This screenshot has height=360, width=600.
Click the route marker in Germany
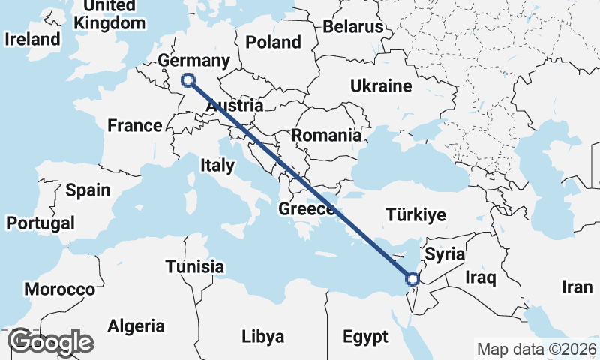pyautogui.click(x=188, y=80)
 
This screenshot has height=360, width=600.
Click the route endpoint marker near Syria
pyautogui.click(x=412, y=279)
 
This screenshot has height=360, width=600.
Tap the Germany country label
pyautogui.click(x=194, y=61)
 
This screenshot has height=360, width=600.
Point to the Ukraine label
pyautogui.click(x=381, y=85)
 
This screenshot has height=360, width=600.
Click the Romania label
pyautogui.click(x=326, y=136)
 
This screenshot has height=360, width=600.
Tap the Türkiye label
pyautogui.click(x=415, y=215)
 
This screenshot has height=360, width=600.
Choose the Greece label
pyautogui.click(x=307, y=209)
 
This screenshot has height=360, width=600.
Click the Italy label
pyautogui.click(x=217, y=166)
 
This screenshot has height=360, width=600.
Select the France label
pyautogui.click(x=135, y=125)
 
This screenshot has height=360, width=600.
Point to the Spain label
pyautogui.click(x=88, y=190)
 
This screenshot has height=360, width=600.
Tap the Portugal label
pyautogui.click(x=40, y=223)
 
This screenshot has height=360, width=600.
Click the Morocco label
pyautogui.click(x=60, y=289)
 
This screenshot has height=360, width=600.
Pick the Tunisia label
pyautogui.click(x=195, y=266)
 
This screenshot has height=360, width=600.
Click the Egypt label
pyautogui.click(x=366, y=335)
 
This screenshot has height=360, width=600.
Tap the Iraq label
pyautogui.click(x=481, y=278)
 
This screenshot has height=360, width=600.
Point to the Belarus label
pyautogui.click(x=353, y=27)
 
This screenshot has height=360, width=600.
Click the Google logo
pyautogui.click(x=50, y=341)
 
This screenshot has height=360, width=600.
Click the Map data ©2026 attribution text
pyautogui.click(x=537, y=349)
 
